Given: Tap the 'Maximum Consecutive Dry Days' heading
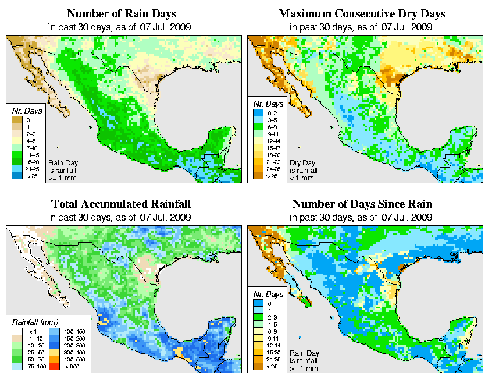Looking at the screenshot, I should [362, 13].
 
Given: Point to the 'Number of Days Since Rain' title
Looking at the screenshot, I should [362, 204].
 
